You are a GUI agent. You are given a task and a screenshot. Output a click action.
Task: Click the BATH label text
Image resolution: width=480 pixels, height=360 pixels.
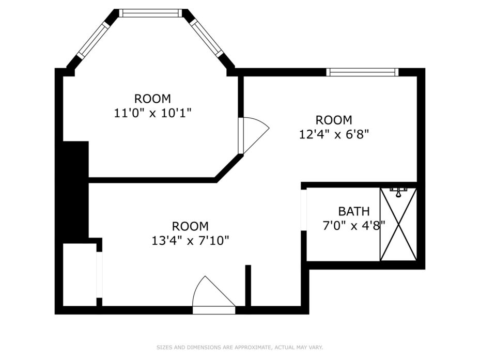pyautogui.click(x=353, y=211)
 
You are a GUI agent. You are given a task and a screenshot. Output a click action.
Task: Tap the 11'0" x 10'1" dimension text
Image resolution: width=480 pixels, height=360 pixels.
pyautogui.click(x=152, y=113)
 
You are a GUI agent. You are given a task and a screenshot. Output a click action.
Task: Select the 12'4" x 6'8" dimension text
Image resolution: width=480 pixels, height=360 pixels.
pyautogui.click(x=333, y=134)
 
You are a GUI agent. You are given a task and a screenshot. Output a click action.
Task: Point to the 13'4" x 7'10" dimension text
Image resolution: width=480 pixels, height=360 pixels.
pyautogui.click(x=190, y=241)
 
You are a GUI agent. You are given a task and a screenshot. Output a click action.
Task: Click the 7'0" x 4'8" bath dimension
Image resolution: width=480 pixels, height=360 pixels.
pyautogui.click(x=353, y=226)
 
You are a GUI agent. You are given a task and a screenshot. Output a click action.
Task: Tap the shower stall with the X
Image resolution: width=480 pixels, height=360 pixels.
pyautogui.click(x=398, y=224)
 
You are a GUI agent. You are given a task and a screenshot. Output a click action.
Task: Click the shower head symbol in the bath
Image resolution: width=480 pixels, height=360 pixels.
pyautogui.click(x=398, y=192)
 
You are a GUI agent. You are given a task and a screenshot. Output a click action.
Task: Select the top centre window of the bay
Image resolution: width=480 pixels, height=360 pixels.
pyautogui.click(x=150, y=13)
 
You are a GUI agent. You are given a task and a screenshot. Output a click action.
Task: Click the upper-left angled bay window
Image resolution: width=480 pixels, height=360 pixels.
pyautogui.click(x=93, y=40)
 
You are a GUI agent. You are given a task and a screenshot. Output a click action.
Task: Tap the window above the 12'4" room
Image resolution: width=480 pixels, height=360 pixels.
pyautogui.click(x=362, y=72)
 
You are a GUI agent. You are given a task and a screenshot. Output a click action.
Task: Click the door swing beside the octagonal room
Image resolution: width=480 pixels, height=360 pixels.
pyautogui.click(x=253, y=135)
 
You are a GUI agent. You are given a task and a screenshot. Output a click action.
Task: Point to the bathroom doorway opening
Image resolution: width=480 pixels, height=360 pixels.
pyautogui.click(x=304, y=210)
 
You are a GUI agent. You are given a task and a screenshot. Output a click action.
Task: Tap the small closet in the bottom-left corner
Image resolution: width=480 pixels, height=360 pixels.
pyautogui.click(x=80, y=275)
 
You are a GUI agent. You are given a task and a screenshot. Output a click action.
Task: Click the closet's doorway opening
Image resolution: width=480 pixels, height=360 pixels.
pyautogui.click(x=100, y=275)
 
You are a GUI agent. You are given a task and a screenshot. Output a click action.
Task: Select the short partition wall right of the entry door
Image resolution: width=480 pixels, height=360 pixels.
pyautogui.click(x=248, y=285)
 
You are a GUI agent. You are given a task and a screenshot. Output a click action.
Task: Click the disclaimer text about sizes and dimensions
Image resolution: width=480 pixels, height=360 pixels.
pyautogui.click(x=240, y=348)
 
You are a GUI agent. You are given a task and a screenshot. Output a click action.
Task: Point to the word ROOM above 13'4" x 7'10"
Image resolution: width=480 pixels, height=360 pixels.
pyautogui.click(x=190, y=226)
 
